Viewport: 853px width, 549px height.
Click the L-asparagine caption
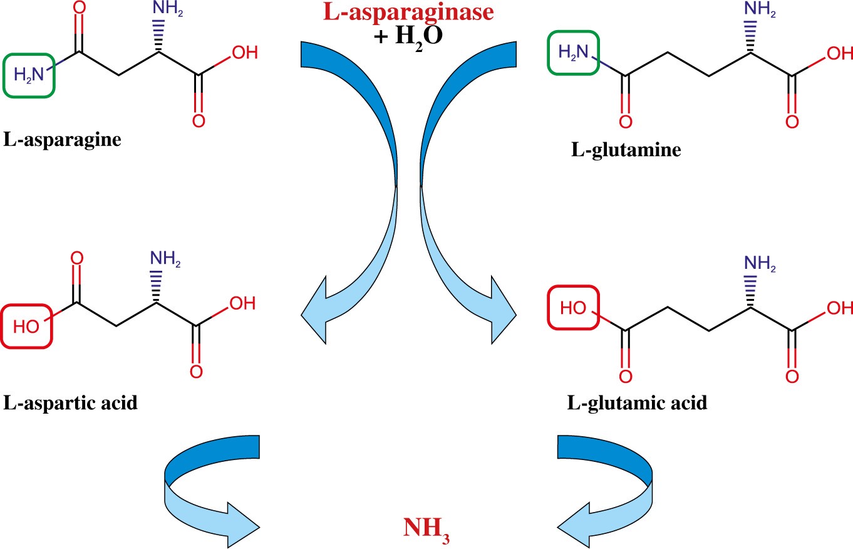(63, 139)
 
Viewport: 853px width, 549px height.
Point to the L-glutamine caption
(626, 150)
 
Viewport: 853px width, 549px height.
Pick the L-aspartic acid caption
(71, 402)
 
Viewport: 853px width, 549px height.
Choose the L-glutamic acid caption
(638, 402)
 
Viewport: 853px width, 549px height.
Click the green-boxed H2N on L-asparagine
(29, 75)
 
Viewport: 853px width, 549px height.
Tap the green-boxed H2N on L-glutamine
(574, 55)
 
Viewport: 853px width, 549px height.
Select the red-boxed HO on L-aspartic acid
(26, 326)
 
